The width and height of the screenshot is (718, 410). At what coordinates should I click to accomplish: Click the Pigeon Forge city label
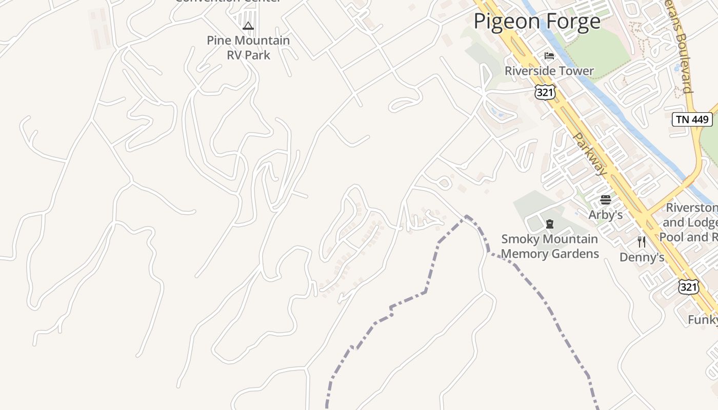point(536,22)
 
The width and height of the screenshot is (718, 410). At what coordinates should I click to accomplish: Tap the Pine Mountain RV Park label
point(248,48)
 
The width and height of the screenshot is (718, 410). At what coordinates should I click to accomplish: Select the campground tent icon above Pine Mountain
point(248,26)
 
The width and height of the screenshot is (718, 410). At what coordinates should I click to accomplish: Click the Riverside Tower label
point(549,71)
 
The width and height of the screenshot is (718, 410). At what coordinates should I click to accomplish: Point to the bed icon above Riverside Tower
point(549,55)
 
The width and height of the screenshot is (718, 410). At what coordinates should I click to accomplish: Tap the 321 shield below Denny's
point(688,287)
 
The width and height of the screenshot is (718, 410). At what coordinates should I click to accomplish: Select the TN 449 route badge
point(692,119)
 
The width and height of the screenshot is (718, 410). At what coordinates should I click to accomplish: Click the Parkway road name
point(590,154)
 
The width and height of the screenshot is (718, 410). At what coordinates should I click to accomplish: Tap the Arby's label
point(605,215)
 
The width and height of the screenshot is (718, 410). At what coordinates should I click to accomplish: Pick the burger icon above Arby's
point(606,199)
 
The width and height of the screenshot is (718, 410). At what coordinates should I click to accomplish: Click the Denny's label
point(642,257)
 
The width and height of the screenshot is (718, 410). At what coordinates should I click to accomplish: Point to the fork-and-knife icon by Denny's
point(642,241)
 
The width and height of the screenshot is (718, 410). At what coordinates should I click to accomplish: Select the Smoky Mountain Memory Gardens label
point(549,246)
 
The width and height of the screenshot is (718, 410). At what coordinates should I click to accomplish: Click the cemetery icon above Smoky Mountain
point(550,223)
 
